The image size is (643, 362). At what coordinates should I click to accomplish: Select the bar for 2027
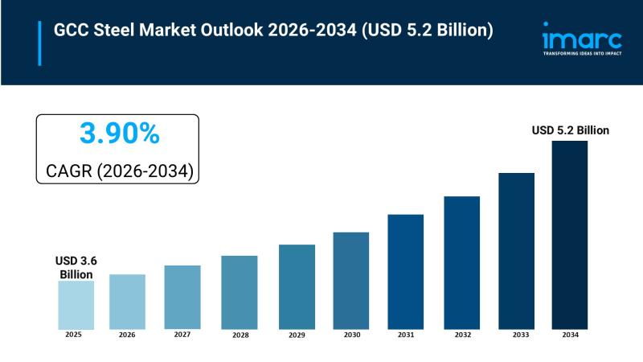(x=182, y=297)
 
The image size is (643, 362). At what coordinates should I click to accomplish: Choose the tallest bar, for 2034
(x=569, y=234)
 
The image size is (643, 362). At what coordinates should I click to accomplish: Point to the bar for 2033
(x=516, y=250)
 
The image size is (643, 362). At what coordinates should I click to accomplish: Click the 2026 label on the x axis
(x=127, y=334)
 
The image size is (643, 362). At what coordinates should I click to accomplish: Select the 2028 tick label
(x=239, y=334)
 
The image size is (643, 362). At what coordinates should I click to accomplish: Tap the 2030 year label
(x=350, y=334)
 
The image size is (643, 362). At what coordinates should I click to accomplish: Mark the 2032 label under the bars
(x=461, y=334)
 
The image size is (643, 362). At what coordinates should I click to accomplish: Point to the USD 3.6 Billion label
(x=76, y=268)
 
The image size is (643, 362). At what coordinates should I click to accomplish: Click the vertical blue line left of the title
(x=39, y=43)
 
